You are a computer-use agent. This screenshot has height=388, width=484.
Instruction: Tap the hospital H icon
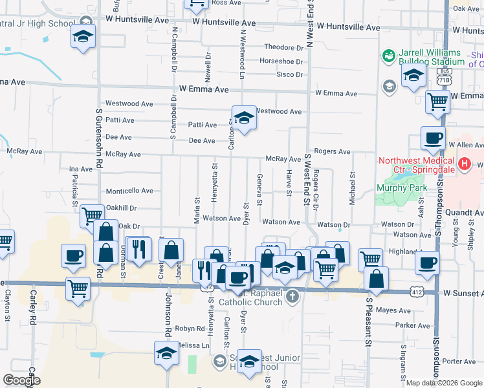(x=463, y=165)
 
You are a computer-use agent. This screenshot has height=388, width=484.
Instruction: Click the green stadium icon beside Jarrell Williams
(x=388, y=56)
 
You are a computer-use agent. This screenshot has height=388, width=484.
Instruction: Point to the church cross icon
(x=292, y=297)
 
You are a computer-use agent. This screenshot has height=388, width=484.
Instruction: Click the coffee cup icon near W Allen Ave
(x=432, y=138)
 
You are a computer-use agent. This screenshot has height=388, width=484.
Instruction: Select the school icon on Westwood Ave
(x=244, y=118)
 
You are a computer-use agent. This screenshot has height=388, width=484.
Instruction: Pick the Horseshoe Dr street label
(x=281, y=61)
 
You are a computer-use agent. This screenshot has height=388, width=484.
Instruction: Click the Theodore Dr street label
(x=283, y=48)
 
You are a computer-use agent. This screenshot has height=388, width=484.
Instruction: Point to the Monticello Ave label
(x=129, y=191)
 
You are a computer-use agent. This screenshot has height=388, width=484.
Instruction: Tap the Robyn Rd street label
(x=188, y=329)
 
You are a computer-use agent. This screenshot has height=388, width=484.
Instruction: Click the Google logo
(x=21, y=380)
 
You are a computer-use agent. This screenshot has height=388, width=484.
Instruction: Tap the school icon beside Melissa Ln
(x=166, y=354)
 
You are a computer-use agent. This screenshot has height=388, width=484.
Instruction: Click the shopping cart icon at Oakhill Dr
(x=91, y=217)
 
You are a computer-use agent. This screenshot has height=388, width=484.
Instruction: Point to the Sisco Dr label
(x=290, y=75)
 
